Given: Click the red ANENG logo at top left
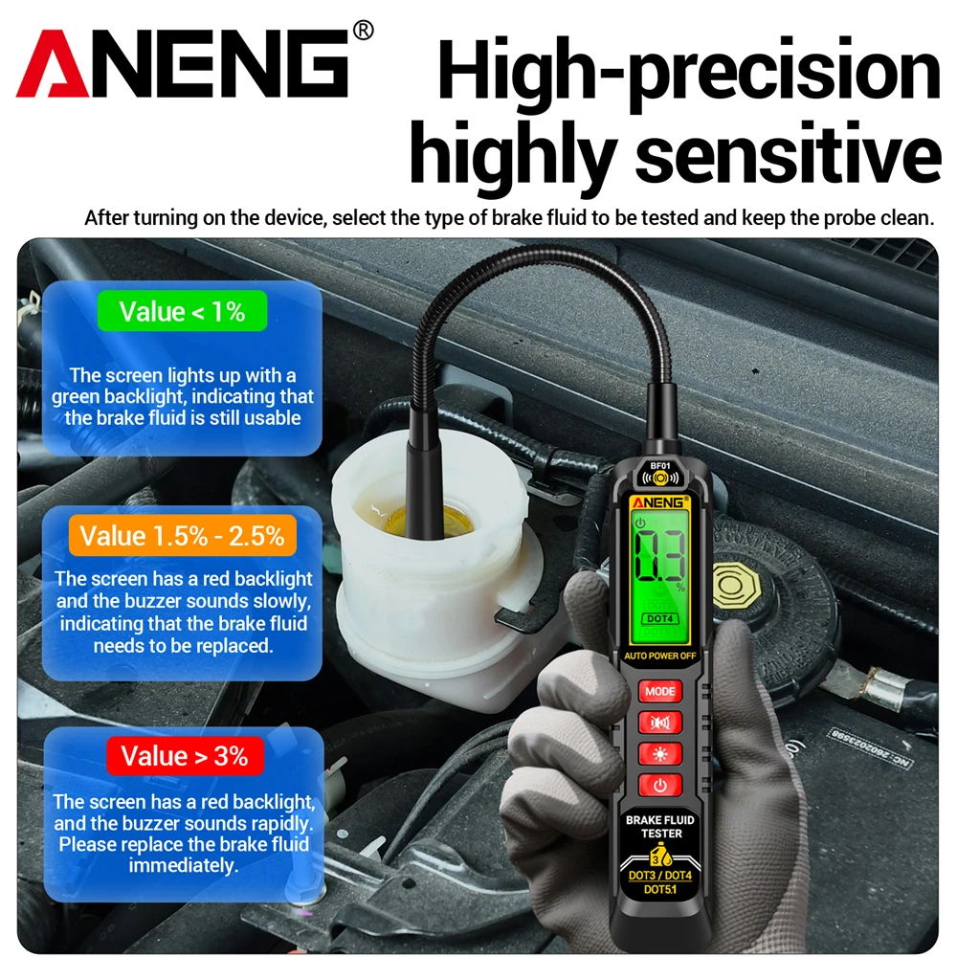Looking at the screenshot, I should [x=182, y=65].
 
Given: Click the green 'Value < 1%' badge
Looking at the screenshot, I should [x=182, y=311].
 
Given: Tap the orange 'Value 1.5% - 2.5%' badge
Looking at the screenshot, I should [x=182, y=535].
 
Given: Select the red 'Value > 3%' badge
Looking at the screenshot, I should [x=182, y=756].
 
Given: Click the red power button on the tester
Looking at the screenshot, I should [x=660, y=787].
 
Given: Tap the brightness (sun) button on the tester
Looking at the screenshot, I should [x=660, y=754].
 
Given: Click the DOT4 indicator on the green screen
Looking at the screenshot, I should [x=659, y=620].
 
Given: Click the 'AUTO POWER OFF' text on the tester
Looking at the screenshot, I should [x=659, y=657].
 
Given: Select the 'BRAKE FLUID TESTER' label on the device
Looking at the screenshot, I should [x=660, y=827].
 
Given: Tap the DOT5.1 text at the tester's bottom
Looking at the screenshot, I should [x=660, y=891].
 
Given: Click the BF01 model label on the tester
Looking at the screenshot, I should [x=659, y=466].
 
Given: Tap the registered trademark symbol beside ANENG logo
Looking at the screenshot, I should [x=363, y=31].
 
